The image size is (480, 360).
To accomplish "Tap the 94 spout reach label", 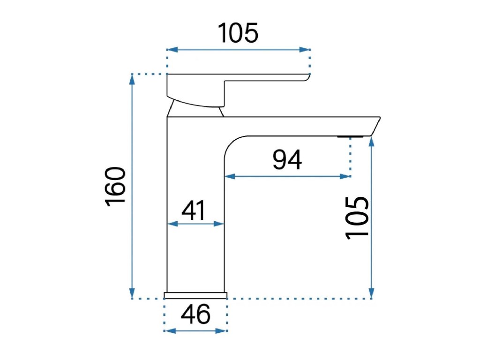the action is coord(287,161).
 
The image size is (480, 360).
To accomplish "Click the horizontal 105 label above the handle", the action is coord(238,33).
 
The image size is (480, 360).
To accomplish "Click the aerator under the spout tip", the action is coord(350,137).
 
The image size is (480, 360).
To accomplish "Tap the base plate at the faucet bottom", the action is coord(195,295).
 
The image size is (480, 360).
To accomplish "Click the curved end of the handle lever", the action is coord(307,77).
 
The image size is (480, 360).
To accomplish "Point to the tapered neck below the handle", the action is coord(195,110).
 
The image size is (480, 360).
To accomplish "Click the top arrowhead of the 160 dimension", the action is coord(132,79).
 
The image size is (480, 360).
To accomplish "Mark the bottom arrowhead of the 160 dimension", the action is coord(132,293).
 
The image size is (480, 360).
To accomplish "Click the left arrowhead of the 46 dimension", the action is coord(168,330).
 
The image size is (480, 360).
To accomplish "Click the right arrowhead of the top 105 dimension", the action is coord(307,49).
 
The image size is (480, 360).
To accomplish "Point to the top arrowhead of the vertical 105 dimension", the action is coord(372,141).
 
